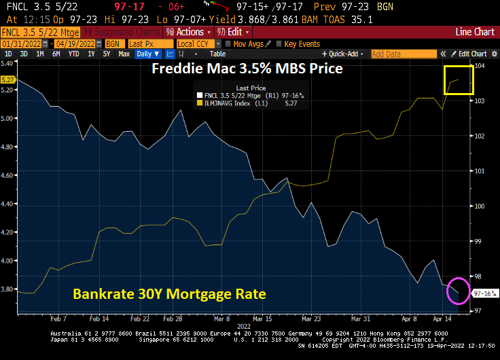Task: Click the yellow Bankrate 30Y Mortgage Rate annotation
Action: point(169,294)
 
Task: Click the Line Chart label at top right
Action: point(476,32)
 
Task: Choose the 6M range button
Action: point(56,54)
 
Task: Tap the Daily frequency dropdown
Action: point(147,54)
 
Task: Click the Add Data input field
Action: point(401,54)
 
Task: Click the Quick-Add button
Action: point(343,54)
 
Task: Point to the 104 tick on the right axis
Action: point(479,66)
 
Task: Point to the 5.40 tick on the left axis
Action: point(8,62)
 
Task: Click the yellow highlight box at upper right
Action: point(459,80)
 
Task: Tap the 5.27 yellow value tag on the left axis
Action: point(8,79)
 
